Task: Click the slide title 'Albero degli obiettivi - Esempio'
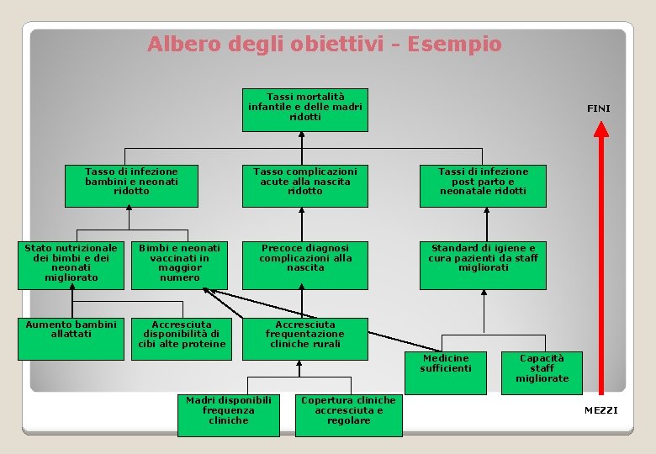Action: (x=324, y=44)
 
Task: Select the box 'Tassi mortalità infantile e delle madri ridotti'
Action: (x=304, y=109)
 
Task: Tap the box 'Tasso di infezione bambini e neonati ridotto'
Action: (x=131, y=185)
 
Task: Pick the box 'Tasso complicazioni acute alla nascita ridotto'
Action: (x=304, y=185)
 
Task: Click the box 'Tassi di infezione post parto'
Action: (x=483, y=185)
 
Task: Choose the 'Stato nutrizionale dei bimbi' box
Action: (x=71, y=265)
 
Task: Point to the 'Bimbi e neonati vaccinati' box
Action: (x=179, y=265)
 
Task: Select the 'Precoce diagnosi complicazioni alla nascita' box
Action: (x=304, y=265)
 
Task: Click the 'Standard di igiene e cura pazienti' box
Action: (x=482, y=265)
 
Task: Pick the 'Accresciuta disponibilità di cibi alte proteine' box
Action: (x=181, y=338)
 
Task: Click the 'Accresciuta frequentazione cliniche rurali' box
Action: (x=304, y=338)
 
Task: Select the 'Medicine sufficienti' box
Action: (x=446, y=372)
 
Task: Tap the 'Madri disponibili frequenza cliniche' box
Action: (x=228, y=414)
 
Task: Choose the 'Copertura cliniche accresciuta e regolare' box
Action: (x=347, y=414)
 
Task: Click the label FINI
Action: (x=598, y=108)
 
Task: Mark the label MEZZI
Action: (x=600, y=409)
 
